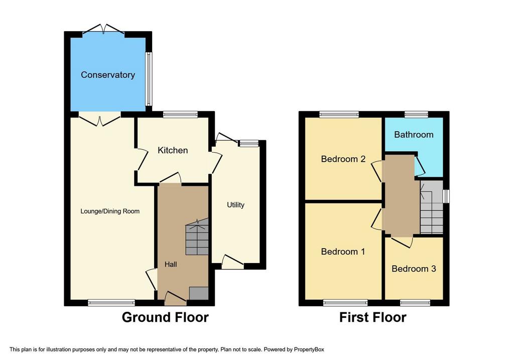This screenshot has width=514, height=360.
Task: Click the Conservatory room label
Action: coord(108,75)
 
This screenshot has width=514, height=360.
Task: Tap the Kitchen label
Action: coord(173,150)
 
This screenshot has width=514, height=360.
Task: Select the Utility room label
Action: coord(236,205)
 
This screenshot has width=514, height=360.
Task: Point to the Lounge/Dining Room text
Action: coord(110,211)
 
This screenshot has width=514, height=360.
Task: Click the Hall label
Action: coord(171,264)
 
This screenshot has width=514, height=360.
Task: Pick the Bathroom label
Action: coord(414,135)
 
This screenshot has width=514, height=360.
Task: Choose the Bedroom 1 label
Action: coord(343,252)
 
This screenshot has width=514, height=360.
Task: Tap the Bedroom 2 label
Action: coord(343,159)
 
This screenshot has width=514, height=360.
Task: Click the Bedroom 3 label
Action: coord(414,269)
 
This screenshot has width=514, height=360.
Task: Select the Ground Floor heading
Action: coord(165,317)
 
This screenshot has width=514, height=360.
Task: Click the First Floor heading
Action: coord(373,317)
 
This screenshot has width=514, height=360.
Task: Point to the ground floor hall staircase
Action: coord(197,236)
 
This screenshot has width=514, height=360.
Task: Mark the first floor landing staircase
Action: coord(432,207)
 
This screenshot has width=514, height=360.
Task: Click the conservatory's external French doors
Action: coord(103,29)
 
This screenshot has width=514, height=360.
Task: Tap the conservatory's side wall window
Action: coord(149,79)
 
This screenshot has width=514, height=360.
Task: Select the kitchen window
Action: coord(180,114)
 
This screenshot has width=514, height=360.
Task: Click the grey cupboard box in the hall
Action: coord(199,293)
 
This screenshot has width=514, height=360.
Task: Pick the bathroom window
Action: coord(416,114)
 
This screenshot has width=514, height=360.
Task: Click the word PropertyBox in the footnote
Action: coord(309,349)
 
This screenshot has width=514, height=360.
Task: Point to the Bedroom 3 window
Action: coord(415,303)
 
